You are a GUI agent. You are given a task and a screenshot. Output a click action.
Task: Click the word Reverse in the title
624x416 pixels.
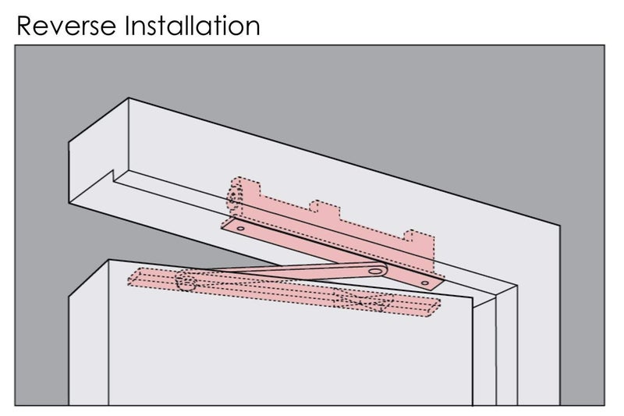coord(66,26)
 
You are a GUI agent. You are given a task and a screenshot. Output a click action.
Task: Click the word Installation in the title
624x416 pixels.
coord(193,26)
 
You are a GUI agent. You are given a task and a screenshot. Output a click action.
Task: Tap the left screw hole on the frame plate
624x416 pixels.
coord(240,229)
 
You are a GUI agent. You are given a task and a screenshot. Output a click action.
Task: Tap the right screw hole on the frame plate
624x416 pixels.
coord(425,283)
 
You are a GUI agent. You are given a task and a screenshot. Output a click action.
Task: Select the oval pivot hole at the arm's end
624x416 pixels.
coord(375,272)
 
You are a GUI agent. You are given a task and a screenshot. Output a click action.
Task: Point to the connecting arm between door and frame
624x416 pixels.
coord(299,271)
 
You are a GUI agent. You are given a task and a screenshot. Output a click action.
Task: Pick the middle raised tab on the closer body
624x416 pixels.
coord(324,208)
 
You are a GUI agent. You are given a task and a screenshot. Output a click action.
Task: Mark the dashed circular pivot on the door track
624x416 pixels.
coord(186,280)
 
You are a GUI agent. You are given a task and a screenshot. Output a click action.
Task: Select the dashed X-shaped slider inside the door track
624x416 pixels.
coord(363,301)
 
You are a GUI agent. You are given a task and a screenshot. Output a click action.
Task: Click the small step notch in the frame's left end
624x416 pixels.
coord(113,176)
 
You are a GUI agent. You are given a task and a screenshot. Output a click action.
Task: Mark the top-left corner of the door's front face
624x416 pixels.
coord(108,260)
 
